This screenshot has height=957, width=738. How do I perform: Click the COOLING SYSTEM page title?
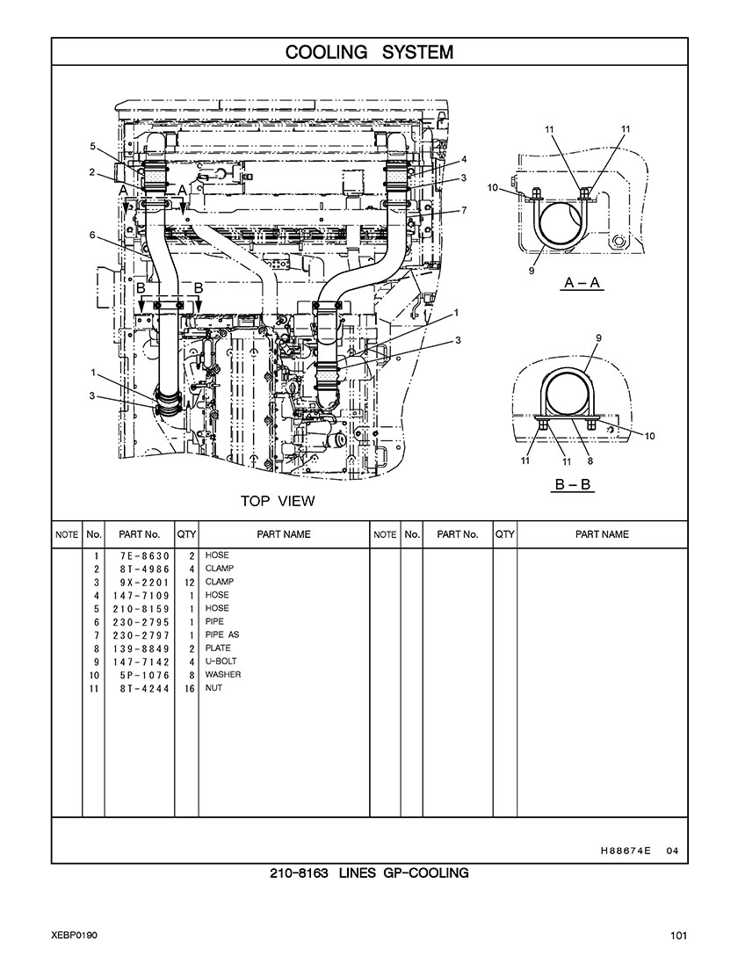point(369,52)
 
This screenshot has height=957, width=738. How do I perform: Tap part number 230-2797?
point(141,635)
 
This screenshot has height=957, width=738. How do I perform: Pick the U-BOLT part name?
point(221,661)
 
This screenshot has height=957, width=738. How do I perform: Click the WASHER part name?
point(223,674)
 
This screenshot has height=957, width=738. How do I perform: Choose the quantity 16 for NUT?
point(189,688)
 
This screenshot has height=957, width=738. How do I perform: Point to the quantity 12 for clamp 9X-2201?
point(189,583)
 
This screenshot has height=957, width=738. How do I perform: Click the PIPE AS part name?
point(222,634)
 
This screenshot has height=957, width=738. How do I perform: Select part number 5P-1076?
point(145,675)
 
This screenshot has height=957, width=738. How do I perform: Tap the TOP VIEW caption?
point(278,501)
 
